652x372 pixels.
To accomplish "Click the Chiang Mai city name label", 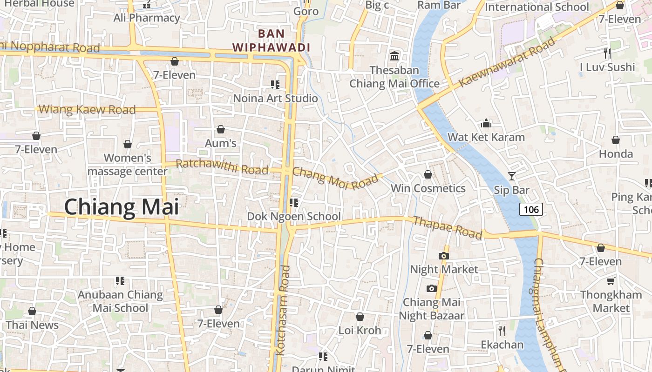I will point(121,207).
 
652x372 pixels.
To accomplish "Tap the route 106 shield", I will point(531,209).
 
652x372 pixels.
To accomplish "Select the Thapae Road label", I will point(448,228).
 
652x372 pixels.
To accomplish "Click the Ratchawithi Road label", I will point(222,166).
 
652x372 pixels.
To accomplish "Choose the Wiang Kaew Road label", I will point(87,110).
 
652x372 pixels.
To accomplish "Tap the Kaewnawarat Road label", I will point(507,62).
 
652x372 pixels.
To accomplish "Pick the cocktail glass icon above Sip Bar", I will point(512,176).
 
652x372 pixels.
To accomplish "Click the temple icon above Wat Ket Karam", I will point(486,123).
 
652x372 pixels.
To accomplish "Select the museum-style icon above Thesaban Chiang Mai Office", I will point(394,56).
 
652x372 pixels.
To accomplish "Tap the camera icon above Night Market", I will point(444,255).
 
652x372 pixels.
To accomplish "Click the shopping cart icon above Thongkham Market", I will point(611,281).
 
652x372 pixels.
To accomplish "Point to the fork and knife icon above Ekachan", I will point(502,331).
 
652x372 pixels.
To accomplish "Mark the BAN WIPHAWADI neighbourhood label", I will point(272,40).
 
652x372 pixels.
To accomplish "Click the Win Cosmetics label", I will point(428,188).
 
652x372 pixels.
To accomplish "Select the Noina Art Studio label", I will point(275,98).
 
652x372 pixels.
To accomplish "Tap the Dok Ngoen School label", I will point(294,216).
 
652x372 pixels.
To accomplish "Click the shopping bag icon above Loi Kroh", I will point(360,317).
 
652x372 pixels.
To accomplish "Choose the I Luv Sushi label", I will point(607,67).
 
